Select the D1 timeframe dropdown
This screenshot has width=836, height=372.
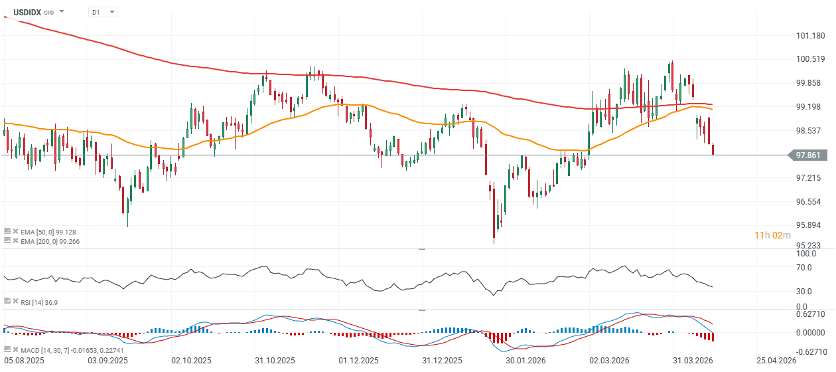tap(102, 12)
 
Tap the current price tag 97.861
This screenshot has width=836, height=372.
tap(811, 155)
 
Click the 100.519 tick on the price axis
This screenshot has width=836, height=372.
tap(811, 59)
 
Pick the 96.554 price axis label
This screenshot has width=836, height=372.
tap(811, 201)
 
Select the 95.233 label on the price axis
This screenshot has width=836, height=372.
tap(811, 245)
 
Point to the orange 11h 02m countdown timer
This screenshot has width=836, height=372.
tap(772, 235)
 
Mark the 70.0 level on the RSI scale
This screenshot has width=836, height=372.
tap(805, 267)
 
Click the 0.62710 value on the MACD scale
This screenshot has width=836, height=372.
tap(811, 314)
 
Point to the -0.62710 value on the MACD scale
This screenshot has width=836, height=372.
tap(809, 352)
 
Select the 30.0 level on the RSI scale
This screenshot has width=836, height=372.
tap(805, 291)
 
